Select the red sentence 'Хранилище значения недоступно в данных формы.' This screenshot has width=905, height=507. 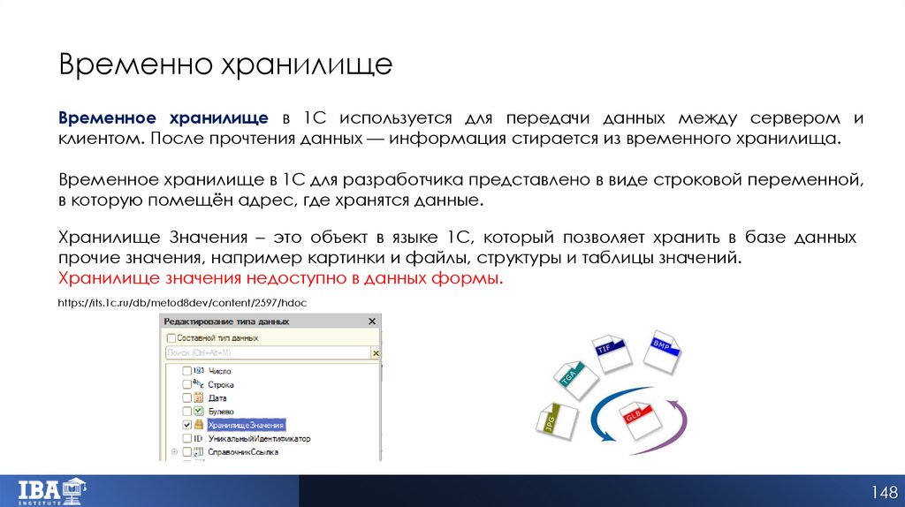coord(280,279)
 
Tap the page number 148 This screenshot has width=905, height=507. coord(883,491)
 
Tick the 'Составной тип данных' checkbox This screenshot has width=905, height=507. coord(171,337)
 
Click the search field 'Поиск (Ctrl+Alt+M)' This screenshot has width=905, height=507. coord(265,352)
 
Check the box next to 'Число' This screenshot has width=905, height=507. coord(186,371)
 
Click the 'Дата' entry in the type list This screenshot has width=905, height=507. coord(217,398)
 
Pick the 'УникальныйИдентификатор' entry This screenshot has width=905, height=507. coord(259,438)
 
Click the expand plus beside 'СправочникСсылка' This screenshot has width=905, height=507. coord(174,452)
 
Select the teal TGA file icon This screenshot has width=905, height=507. coord(568,376)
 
